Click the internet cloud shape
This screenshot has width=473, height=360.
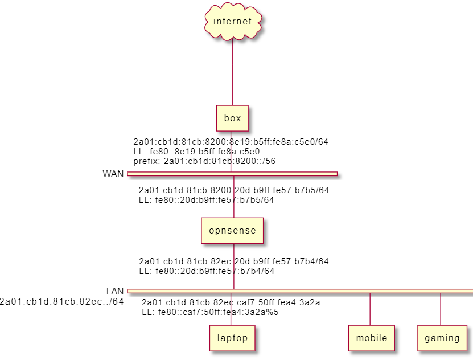coord(233,22)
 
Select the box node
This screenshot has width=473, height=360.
coord(232,118)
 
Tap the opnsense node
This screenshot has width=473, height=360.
coord(232,231)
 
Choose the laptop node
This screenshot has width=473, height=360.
coord(232,338)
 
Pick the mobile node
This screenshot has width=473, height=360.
coord(372,338)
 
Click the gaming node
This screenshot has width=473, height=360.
coord(442,338)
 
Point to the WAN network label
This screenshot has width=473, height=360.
coord(113,174)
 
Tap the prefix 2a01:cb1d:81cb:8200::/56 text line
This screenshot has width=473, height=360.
coord(204,161)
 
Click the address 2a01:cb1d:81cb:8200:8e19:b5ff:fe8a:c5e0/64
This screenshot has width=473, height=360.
coord(231,142)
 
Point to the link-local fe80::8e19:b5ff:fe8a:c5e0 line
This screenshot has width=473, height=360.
coord(196,152)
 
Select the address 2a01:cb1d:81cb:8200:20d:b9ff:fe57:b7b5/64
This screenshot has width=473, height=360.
coord(234,190)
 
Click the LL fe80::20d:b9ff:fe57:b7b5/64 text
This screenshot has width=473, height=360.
coord(207,200)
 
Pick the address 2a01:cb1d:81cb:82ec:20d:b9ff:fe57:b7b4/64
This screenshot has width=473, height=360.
coord(234,261)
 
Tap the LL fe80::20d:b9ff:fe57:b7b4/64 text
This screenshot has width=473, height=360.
coord(207,271)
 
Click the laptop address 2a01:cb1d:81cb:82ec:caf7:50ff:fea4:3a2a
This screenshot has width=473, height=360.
coord(231,302)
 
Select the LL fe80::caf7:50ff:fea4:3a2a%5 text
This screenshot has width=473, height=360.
coord(210,312)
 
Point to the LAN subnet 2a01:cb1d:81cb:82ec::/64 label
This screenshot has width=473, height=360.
coord(61,302)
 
